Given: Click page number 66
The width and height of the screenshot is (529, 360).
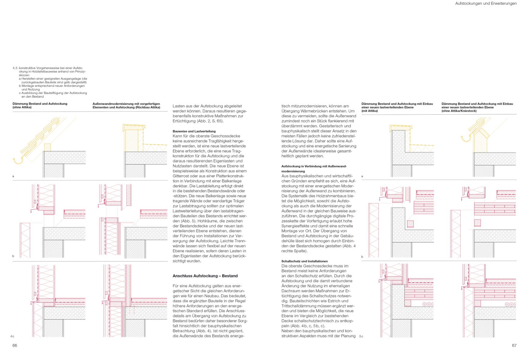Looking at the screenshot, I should (15, 346).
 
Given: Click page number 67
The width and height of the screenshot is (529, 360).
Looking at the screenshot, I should (514, 346).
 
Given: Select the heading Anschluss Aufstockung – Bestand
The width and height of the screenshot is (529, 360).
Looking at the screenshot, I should (205, 276).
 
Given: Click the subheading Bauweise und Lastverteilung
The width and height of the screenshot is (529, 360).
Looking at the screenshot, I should (194, 131).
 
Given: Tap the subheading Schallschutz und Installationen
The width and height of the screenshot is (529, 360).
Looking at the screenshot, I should (304, 261).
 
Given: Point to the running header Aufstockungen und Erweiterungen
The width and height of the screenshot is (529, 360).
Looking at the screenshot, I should (486, 4).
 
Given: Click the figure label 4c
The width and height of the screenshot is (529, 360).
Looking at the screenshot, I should (12, 337).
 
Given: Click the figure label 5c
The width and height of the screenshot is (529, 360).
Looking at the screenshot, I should (361, 337).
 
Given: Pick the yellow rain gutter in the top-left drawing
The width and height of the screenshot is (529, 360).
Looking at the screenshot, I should (18, 161).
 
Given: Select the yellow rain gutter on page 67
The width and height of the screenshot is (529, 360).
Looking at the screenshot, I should (466, 138).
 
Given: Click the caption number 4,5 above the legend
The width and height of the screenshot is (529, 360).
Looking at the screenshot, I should (15, 68).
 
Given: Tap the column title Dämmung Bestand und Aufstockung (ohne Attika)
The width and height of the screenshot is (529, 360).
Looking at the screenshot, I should (40, 105).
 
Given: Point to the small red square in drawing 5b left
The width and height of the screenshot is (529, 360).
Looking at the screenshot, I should (410, 224).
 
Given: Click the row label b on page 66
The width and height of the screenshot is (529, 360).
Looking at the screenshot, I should (13, 256).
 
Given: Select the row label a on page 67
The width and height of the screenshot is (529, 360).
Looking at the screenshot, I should (362, 176).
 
